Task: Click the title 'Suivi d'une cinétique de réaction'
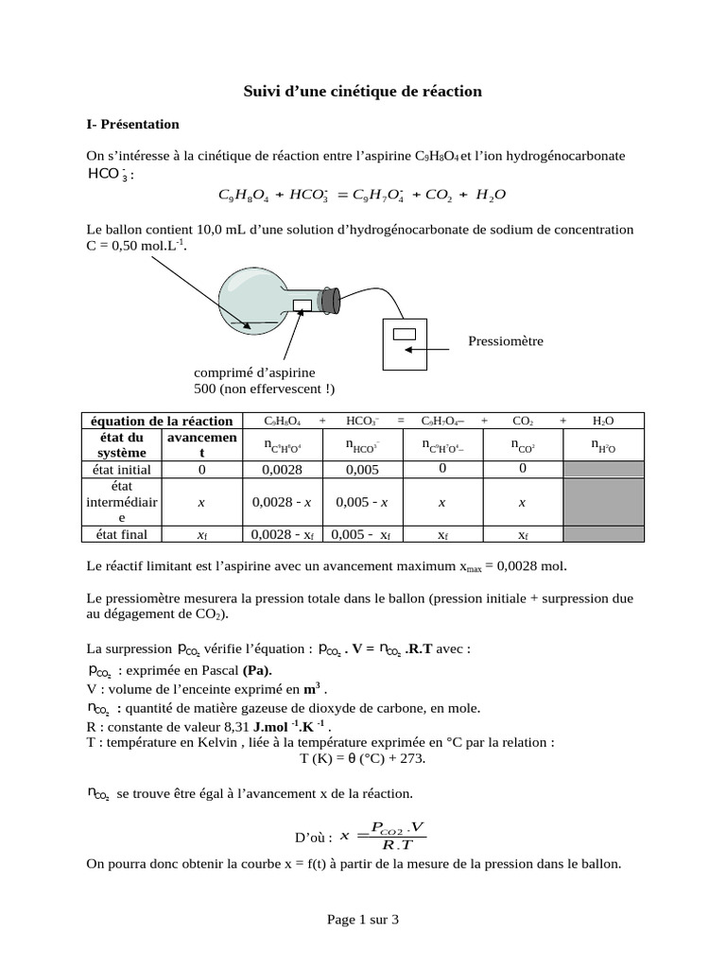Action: (363, 92)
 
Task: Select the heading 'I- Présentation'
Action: (132, 124)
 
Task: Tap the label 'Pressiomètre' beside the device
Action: (506, 340)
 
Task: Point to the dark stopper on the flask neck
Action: (330, 301)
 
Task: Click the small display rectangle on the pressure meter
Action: (405, 333)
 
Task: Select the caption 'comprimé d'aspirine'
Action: (254, 372)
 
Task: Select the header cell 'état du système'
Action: (121, 444)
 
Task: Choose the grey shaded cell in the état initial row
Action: (603, 468)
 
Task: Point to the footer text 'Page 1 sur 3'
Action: (363, 918)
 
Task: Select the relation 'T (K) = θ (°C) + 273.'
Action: (363, 758)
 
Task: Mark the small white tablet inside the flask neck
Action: (302, 304)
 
